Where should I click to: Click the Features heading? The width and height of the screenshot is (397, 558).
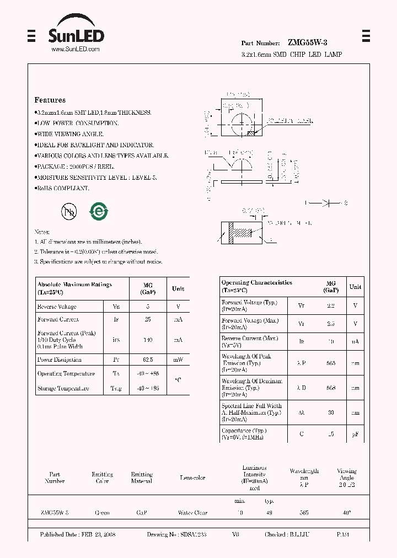pyautogui.click(x=50, y=100)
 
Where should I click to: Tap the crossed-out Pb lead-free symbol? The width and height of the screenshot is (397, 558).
pyautogui.click(x=69, y=211)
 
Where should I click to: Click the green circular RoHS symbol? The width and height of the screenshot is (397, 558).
pyautogui.click(x=100, y=211)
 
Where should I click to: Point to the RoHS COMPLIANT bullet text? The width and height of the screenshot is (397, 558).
pyautogui.click(x=62, y=189)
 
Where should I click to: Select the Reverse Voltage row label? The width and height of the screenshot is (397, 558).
pyautogui.click(x=57, y=307)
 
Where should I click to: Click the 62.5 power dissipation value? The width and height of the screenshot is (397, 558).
pyautogui.click(x=148, y=360)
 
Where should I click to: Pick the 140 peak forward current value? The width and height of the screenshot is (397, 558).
pyautogui.click(x=148, y=340)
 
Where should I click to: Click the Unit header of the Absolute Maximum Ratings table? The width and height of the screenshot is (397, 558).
pyautogui.click(x=178, y=288)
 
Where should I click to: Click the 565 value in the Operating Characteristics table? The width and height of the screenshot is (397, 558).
pyautogui.click(x=331, y=363)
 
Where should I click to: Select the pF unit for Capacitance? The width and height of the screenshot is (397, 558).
pyautogui.click(x=356, y=434)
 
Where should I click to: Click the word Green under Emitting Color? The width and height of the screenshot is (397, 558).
pyautogui.click(x=102, y=513)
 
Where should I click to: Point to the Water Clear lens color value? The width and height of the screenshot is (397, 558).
pyautogui.click(x=192, y=513)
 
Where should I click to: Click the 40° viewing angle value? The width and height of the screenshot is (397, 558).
pyautogui.click(x=347, y=513)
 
